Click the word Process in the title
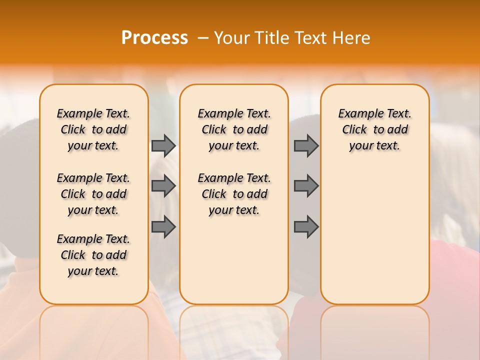(x=154, y=38)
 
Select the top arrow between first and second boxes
(x=163, y=145)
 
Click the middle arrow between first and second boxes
(x=163, y=186)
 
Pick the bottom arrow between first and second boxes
(x=163, y=227)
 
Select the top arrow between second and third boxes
(x=306, y=145)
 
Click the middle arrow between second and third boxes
(x=306, y=186)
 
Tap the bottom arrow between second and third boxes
(x=306, y=227)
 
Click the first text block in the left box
(x=93, y=129)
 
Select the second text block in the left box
(x=93, y=194)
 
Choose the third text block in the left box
(x=93, y=255)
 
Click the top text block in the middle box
(x=234, y=129)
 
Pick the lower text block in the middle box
(x=234, y=194)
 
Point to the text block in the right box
(x=374, y=129)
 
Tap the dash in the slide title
(x=203, y=38)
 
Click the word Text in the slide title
(x=311, y=38)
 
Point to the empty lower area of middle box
(x=234, y=260)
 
